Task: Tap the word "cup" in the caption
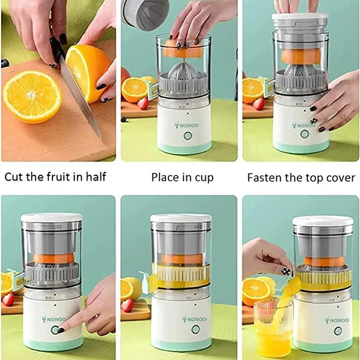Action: pos(203,178)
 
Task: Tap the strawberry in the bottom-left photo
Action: pos(8,299)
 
